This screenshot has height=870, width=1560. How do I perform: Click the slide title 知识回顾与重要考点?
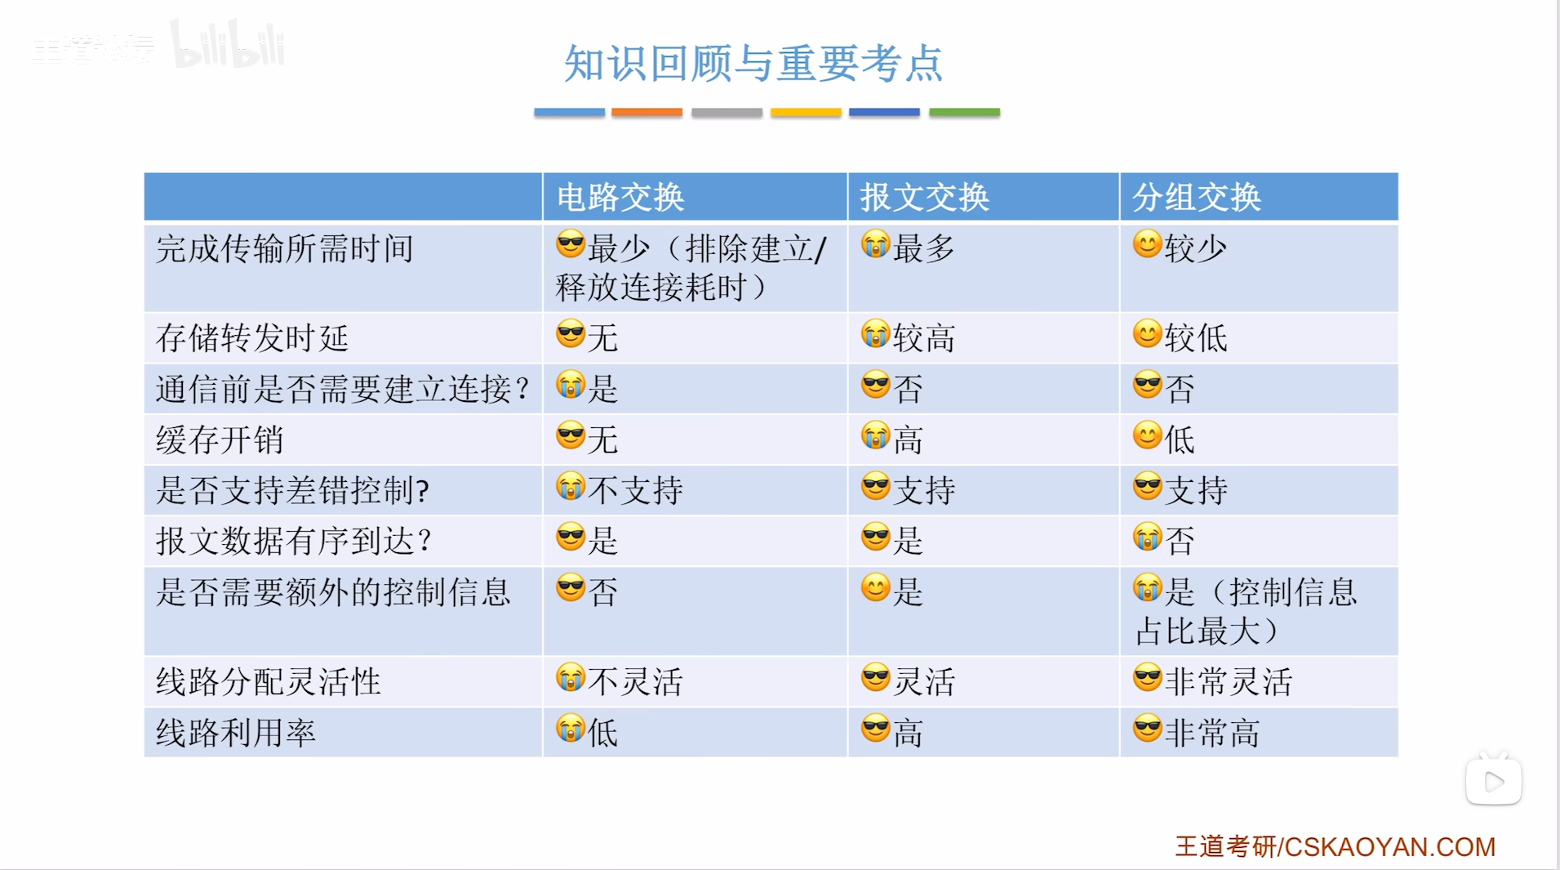click(753, 63)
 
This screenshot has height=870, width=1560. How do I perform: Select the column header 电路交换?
click(620, 198)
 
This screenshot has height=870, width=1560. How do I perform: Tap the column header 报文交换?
click(925, 198)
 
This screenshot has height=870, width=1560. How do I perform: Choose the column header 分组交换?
click(1197, 198)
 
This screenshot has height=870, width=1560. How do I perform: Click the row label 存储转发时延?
click(252, 337)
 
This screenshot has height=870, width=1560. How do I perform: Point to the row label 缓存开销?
click(220, 439)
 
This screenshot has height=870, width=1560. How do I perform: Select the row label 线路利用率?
click(236, 733)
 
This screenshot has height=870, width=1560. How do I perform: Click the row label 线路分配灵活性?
click(269, 681)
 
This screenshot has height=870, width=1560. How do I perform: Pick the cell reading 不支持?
click(635, 490)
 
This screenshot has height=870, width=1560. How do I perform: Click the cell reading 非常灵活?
click(1229, 681)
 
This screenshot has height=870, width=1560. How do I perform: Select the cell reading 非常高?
click(1212, 733)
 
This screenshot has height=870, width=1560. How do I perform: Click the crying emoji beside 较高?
click(875, 334)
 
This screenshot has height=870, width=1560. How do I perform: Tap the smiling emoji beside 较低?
click(1148, 334)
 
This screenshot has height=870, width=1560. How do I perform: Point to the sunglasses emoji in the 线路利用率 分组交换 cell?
click(1148, 728)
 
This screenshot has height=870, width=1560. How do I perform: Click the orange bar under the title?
click(647, 112)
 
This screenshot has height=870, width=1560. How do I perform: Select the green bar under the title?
click(964, 112)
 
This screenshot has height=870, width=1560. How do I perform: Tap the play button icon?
click(1494, 781)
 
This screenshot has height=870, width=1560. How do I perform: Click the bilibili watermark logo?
click(228, 44)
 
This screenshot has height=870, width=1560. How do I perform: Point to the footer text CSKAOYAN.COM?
click(1390, 847)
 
